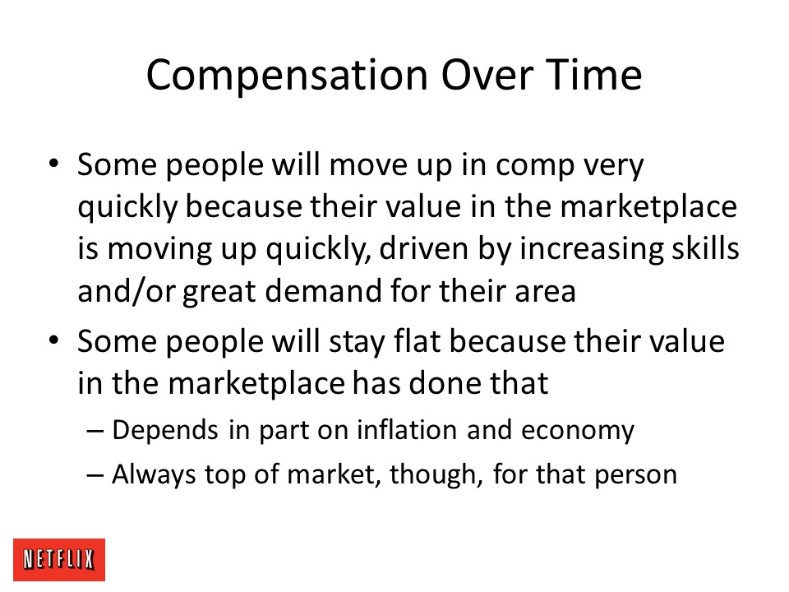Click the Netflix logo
(x=59, y=559)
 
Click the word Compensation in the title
(x=288, y=76)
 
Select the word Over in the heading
(x=487, y=75)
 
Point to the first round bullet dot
(x=54, y=164)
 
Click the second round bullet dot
(x=54, y=340)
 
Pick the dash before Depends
(x=95, y=431)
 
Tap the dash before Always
(x=95, y=474)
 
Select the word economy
(x=578, y=432)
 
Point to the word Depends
(x=165, y=431)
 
